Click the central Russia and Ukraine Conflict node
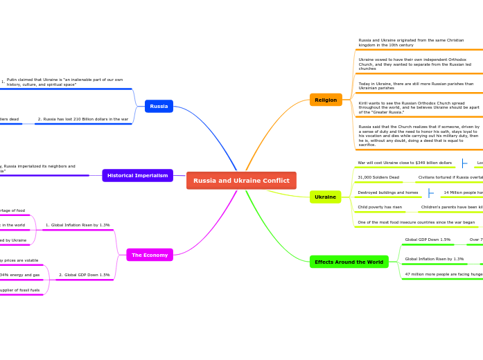click(241, 181)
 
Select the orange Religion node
click(326, 100)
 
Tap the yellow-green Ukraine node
click(325, 197)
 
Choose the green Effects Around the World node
click(349, 262)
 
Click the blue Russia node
click(159, 106)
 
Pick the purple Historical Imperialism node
click(137, 176)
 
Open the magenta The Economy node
click(150, 255)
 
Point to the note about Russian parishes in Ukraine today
click(416, 86)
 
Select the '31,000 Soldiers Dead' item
click(378, 177)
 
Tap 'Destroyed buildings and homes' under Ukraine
click(388, 192)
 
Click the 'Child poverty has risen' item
click(380, 207)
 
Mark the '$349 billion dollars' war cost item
click(404, 163)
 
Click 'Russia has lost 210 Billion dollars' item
click(83, 119)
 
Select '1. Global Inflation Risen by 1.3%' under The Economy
click(78, 225)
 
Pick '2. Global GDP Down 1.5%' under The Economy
click(84, 275)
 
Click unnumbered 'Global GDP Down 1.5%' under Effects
click(428, 240)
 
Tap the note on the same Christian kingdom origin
click(411, 42)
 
